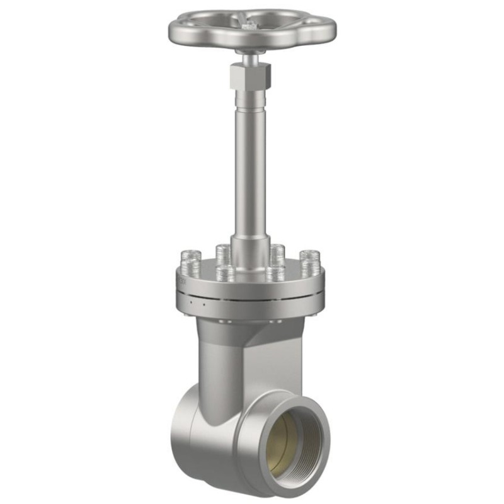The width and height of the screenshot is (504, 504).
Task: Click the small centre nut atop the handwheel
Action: point(251,25)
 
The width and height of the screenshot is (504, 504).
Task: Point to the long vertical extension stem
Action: point(250,164)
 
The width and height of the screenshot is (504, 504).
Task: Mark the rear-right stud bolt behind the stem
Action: point(277,252)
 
